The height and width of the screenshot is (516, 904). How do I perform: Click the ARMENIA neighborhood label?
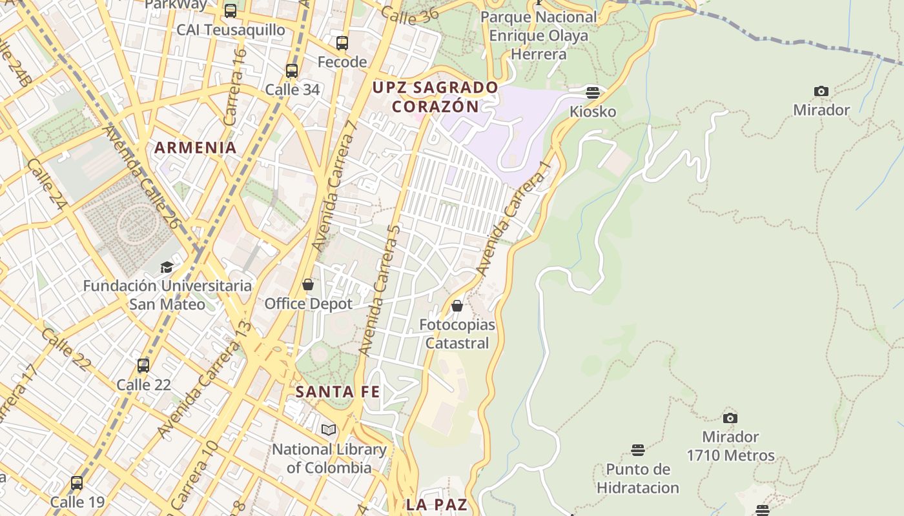tap(196, 148)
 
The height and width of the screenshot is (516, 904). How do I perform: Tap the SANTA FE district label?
tap(338, 392)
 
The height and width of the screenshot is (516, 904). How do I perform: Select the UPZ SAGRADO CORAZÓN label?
tap(436, 97)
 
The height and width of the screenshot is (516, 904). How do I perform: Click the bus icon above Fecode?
tap(342, 43)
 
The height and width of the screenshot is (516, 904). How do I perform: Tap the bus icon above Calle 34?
tap(292, 71)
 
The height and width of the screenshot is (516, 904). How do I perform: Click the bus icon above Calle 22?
tap(143, 366)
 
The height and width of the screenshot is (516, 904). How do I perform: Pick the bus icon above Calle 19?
tap(77, 482)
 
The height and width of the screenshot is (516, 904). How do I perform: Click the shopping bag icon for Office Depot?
tap(308, 284)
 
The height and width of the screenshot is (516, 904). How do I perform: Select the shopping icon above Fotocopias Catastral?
tap(457, 306)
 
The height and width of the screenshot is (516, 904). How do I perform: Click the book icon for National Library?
tap(329, 430)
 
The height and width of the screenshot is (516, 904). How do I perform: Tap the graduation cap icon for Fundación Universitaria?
tap(167, 267)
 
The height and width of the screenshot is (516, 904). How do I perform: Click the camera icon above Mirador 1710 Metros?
tap(730, 418)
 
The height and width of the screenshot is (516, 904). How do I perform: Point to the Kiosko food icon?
tap(593, 92)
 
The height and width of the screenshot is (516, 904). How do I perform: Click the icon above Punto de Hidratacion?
tap(638, 450)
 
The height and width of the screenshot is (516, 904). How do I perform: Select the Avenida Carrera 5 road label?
tap(381, 290)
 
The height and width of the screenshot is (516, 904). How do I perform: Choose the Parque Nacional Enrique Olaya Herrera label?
tap(539, 35)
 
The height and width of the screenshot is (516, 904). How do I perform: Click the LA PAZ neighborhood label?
tap(437, 504)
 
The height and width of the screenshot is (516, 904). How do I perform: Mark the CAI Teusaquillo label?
tap(231, 30)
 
